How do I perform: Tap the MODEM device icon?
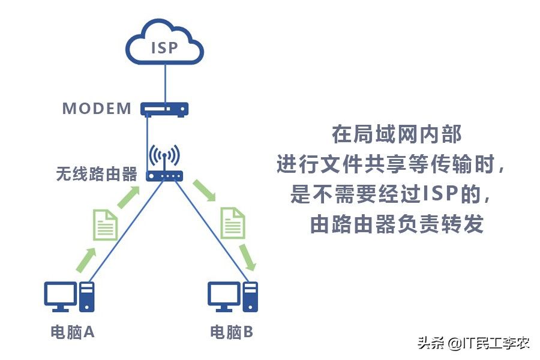(x=164, y=109)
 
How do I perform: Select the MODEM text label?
(x=97, y=109)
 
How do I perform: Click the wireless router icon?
(x=164, y=164)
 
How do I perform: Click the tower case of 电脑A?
(x=88, y=296)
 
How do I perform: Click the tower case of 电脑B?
(x=250, y=296)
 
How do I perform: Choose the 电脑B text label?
(x=232, y=332)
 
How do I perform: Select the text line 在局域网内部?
(x=397, y=134)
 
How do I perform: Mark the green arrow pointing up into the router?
(x=130, y=197)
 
